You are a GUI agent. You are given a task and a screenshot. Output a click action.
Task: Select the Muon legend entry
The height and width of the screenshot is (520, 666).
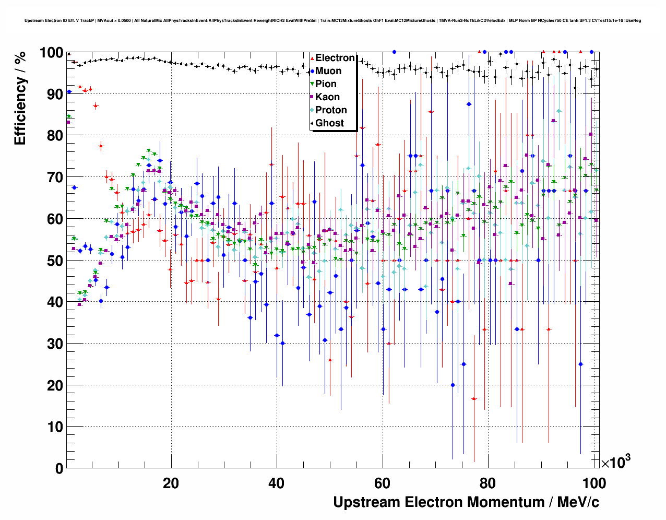click(328, 71)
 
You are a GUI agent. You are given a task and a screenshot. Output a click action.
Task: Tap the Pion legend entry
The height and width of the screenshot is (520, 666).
click(326, 84)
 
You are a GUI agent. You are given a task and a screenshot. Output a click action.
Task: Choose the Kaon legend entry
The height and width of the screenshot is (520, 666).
click(327, 97)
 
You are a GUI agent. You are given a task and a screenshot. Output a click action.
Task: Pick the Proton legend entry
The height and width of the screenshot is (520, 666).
click(331, 110)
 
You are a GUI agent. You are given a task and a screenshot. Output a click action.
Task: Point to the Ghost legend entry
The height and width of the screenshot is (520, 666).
click(329, 123)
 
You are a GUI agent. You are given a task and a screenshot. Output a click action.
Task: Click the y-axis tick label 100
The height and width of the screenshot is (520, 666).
click(51, 53)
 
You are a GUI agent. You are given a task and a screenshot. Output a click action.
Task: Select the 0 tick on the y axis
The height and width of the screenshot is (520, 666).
click(59, 468)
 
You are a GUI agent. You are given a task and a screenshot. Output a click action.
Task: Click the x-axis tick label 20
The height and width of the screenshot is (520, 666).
click(171, 483)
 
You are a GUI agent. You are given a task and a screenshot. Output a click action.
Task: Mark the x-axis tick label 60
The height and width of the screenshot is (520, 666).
click(383, 483)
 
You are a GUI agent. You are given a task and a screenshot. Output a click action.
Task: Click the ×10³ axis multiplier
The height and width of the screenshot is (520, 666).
click(615, 462)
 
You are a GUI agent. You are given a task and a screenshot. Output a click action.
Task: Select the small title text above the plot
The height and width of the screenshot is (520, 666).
click(332, 21)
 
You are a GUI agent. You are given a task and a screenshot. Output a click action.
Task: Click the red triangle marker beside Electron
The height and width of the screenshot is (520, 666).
click(312, 58)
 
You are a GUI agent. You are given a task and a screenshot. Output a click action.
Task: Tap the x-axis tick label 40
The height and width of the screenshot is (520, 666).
click(277, 483)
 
